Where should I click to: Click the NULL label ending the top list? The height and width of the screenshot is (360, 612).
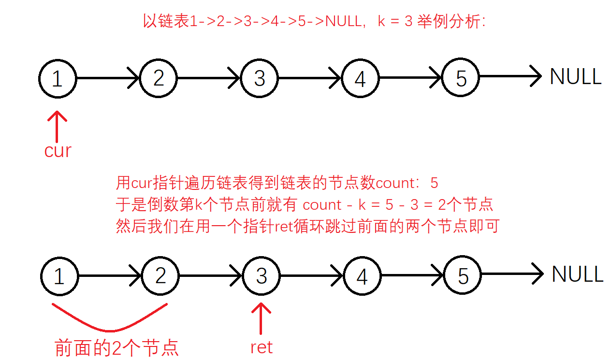575,77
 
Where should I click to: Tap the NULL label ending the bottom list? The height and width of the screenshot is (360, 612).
577,274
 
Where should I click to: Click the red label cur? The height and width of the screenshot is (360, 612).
58,151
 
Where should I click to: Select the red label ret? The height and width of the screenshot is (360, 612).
262,347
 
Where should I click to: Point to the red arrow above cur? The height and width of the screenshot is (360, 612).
57,127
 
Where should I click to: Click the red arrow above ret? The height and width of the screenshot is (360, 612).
261,318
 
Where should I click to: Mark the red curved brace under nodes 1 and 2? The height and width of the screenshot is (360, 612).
110,331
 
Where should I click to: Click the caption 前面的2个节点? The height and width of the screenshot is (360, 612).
117,348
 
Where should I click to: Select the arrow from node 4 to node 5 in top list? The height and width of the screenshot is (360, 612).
410,78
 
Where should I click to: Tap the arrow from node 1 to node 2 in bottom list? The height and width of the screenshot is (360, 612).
110,275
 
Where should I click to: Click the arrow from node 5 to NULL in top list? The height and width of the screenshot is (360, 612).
510,76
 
